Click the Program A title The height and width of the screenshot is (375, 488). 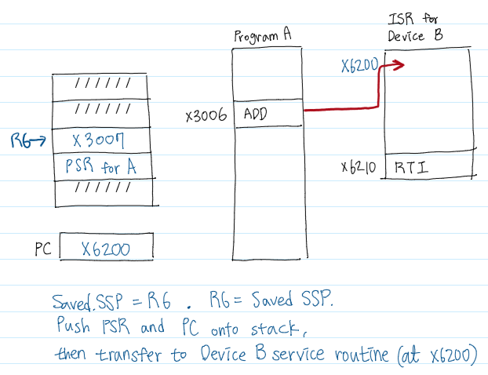[x=262, y=37]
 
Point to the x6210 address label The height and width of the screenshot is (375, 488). [x=359, y=167]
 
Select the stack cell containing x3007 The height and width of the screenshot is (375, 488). [x=104, y=141]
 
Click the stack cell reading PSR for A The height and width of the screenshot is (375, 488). [x=104, y=167]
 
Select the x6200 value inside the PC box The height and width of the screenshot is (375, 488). [x=106, y=249]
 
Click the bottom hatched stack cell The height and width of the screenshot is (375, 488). [x=104, y=193]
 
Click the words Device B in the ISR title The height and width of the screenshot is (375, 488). [x=416, y=36]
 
